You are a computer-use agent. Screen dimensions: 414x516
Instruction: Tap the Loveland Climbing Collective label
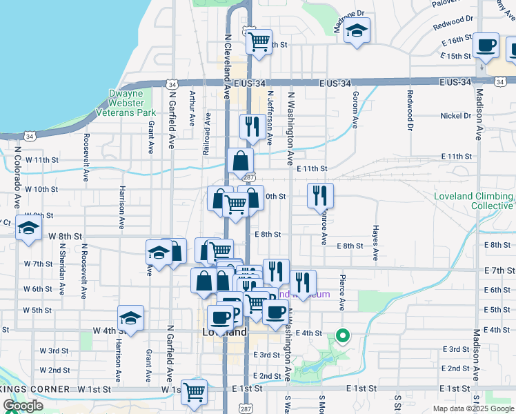[x=473, y=201]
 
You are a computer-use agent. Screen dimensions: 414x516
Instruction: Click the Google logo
[x=23, y=406]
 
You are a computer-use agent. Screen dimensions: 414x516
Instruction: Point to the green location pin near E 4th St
[x=342, y=336]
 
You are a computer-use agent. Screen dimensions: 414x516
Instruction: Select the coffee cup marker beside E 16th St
[x=487, y=46]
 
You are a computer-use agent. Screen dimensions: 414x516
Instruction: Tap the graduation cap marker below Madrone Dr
[x=357, y=32]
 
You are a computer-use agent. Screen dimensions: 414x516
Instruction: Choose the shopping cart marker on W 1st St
[x=194, y=392]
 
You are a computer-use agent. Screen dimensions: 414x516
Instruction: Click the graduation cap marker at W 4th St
[x=130, y=318]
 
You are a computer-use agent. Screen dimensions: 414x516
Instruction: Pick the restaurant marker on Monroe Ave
[x=320, y=195]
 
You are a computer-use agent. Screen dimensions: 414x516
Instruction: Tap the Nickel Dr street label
[x=456, y=116]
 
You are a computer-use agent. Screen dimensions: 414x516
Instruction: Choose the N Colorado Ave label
[x=16, y=177]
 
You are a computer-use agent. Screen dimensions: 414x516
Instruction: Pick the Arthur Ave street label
[x=192, y=109]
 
